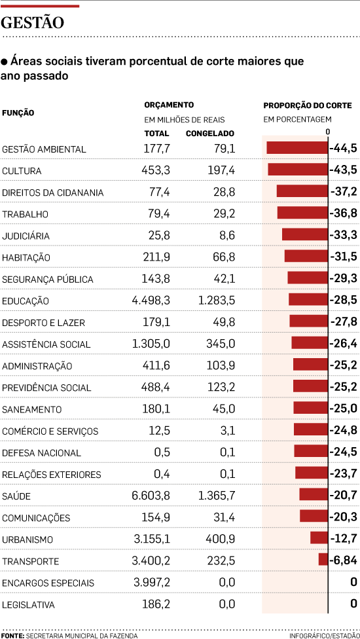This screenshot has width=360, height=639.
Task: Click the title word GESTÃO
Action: click(33, 23)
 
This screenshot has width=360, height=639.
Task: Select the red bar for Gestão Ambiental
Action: click(297, 148)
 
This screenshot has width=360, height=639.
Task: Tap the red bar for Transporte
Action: click(323, 560)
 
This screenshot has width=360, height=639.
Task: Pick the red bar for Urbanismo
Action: click(319, 538)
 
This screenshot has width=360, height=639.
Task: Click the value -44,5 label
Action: click(344, 149)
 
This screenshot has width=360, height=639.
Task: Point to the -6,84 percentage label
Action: click(344, 560)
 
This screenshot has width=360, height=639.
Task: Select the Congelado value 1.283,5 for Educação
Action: click(216, 301)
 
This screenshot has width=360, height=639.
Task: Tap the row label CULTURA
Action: click(22, 171)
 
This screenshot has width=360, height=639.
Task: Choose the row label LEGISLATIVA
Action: click(28, 604)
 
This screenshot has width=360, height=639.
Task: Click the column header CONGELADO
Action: click(210, 134)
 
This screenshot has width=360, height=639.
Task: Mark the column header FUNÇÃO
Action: click(18, 113)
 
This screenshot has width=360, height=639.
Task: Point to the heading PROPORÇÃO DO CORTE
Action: click(307, 105)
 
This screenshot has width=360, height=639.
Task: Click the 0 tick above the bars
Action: click(328, 131)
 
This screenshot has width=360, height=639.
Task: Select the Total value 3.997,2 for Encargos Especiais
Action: click(151, 583)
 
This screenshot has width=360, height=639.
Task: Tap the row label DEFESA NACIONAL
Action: click(41, 452)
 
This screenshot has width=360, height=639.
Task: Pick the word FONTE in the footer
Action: click(12, 635)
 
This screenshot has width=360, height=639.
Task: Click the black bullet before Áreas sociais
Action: click(4, 62)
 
